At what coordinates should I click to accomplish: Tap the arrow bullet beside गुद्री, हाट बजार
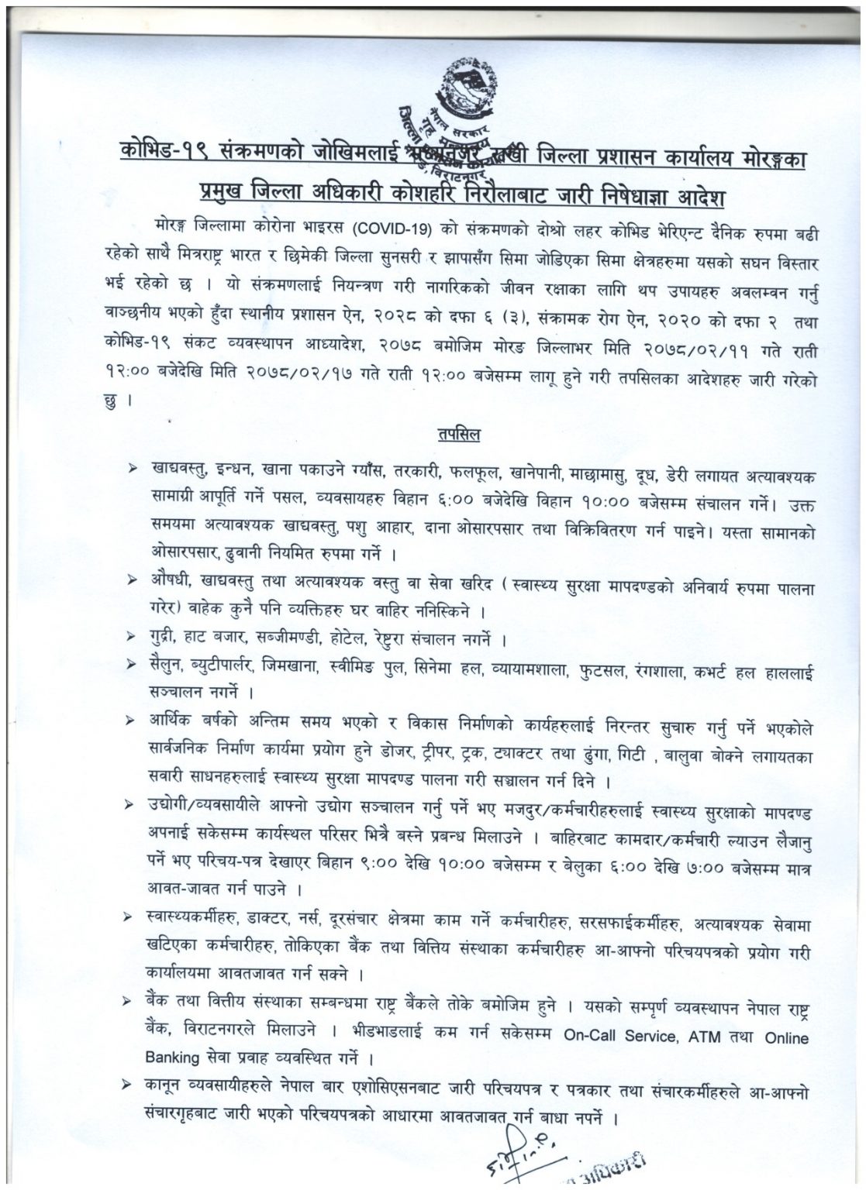click(135, 638)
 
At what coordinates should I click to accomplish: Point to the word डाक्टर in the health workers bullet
click(269, 920)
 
